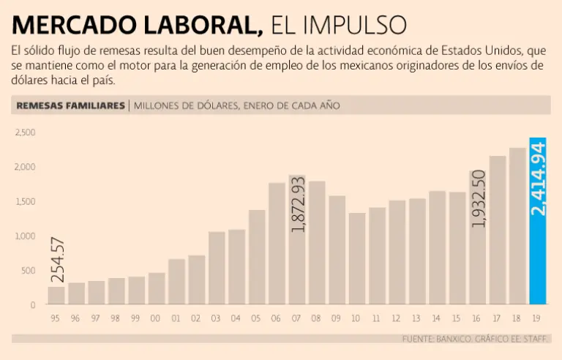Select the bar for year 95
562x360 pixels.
pyautogui.click(x=56, y=295)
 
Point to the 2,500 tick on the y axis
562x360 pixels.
pyautogui.click(x=26, y=132)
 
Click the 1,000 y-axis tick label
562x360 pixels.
pyautogui.click(x=26, y=236)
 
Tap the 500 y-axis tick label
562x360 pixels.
pyautogui.click(x=27, y=270)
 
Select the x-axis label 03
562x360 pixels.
pyautogui.click(x=216, y=318)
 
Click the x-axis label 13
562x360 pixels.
pyautogui.click(x=416, y=318)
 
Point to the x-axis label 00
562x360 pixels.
pyautogui.click(x=156, y=318)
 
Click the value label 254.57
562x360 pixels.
pyautogui.click(x=57, y=260)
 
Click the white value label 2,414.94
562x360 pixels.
pyautogui.click(x=538, y=179)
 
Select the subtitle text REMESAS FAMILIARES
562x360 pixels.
pyautogui.click(x=70, y=105)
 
